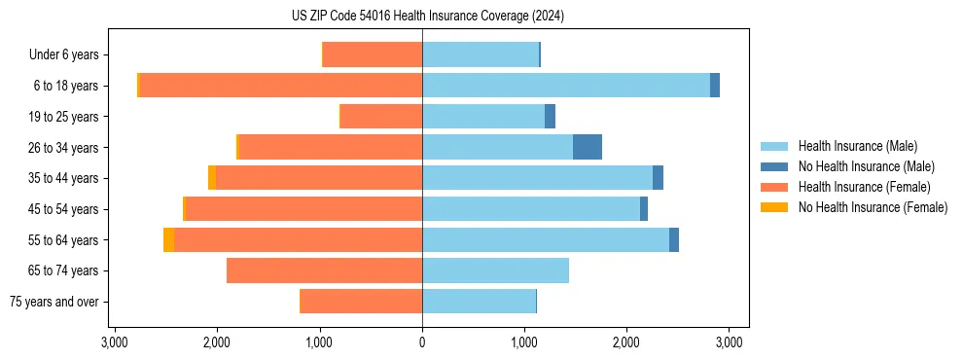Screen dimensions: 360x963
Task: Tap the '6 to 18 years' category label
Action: (65, 86)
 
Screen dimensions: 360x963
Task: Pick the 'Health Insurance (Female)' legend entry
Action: (864, 187)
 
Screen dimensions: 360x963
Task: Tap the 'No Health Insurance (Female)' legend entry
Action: (873, 207)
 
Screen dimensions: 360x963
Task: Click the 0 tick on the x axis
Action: (422, 342)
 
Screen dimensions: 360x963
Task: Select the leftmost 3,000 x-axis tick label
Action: (115, 342)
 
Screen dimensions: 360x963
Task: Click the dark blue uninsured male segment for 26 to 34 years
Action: (588, 147)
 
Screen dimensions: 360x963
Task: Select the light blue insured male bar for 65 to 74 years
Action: (495, 270)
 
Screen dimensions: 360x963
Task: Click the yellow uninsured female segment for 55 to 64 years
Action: (168, 239)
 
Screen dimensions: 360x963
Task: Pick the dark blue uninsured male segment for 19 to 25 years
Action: (550, 117)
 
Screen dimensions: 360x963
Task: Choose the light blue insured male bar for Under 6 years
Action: (481, 54)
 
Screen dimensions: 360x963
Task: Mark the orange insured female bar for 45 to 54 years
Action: (303, 208)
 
